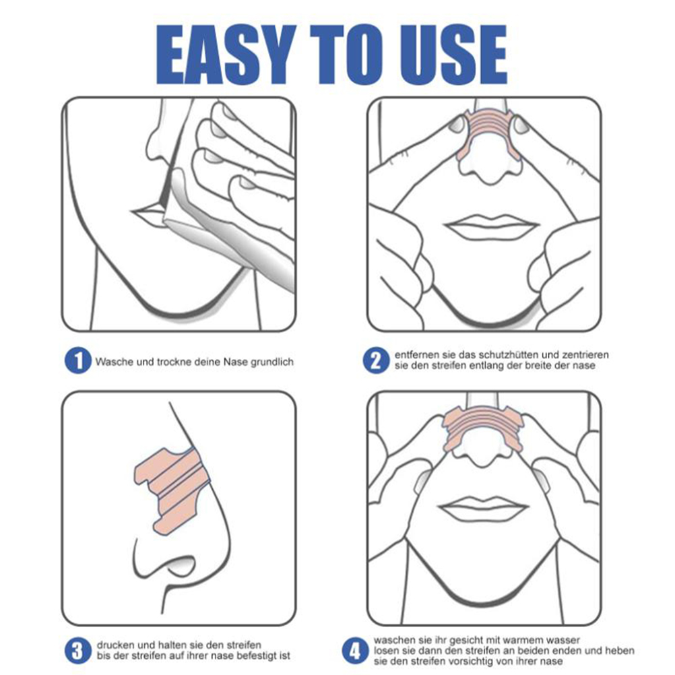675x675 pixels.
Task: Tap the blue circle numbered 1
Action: pos(78,361)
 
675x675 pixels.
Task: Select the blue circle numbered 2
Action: pos(376,361)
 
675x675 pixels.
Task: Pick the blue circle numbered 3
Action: pos(78,651)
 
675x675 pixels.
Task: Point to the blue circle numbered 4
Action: pos(355,651)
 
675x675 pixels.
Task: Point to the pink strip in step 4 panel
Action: pos(483,428)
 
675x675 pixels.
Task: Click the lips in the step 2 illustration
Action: pos(490,226)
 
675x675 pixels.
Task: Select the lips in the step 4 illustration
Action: pos(483,507)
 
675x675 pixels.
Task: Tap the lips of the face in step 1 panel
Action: pos(148,216)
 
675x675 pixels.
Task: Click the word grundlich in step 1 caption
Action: pos(271,362)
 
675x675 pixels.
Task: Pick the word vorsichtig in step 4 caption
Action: pos(470,662)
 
